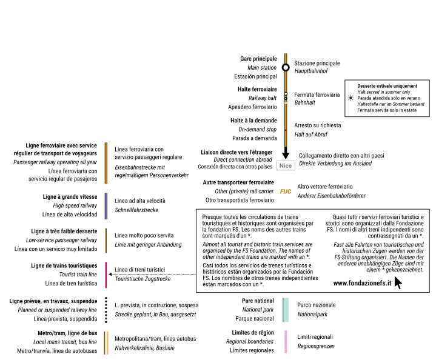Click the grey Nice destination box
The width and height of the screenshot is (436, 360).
click(x=285, y=164)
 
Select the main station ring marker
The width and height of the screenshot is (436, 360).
click(x=286, y=67)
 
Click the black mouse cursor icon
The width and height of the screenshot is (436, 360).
click(x=398, y=282)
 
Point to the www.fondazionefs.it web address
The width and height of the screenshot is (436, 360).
click(x=361, y=283)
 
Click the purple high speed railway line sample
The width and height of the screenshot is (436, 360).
click(x=106, y=205)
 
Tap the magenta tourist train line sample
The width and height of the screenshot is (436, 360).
click(x=106, y=275)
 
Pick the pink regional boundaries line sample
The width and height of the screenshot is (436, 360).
click(x=285, y=341)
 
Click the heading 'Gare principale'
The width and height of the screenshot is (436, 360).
click(x=259, y=59)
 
